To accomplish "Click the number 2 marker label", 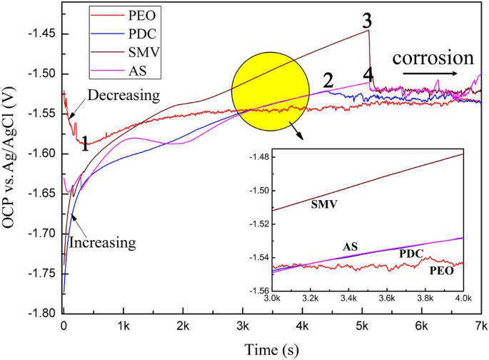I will point(328,80).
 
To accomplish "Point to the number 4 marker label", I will point(367,74).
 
